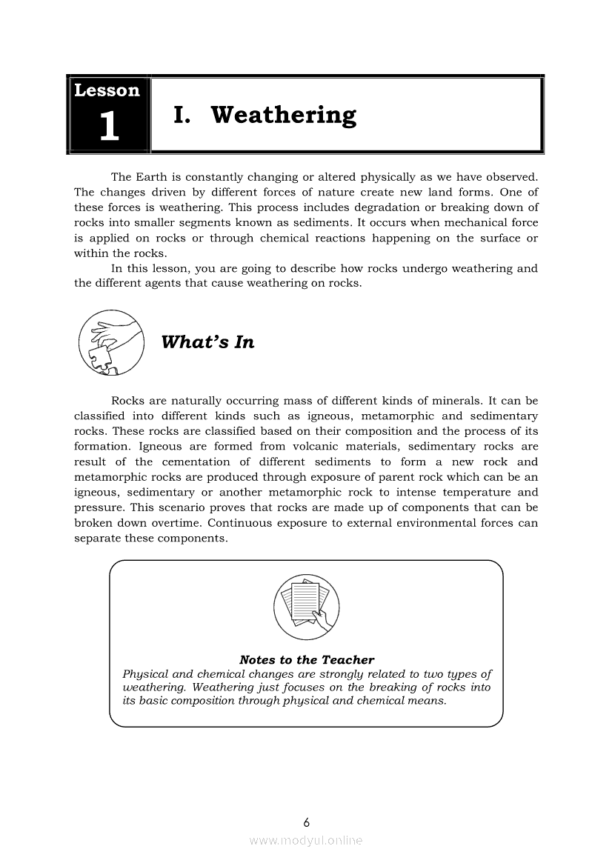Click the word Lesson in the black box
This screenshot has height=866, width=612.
[107, 90]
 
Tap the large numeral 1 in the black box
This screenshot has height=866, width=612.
[108, 127]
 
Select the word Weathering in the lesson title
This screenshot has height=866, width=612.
[283, 116]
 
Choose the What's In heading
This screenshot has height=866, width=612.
[207, 342]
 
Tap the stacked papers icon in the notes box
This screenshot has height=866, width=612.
[305, 607]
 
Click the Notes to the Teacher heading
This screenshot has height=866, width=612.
[306, 659]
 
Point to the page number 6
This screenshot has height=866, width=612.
[306, 822]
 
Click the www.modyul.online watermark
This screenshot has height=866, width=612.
[306, 840]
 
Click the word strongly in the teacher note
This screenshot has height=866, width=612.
[326, 674]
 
